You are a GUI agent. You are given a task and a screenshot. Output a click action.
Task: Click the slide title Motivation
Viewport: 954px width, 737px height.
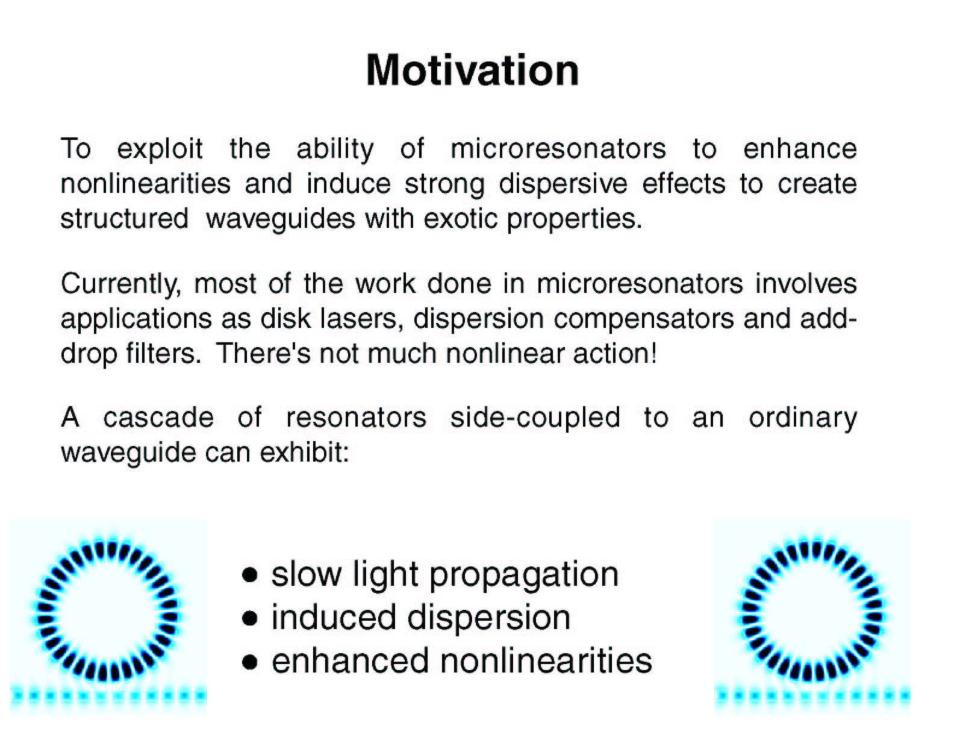click(x=472, y=71)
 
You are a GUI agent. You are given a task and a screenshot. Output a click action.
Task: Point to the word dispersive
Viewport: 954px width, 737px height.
click(x=563, y=184)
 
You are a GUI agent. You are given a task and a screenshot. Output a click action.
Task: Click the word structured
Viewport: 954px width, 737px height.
click(x=124, y=219)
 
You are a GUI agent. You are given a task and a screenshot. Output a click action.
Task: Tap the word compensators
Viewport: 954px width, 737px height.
click(x=644, y=320)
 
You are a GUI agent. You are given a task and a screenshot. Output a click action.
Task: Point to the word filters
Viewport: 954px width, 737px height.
click(x=163, y=354)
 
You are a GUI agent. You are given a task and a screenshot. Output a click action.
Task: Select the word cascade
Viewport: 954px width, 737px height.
click(x=158, y=418)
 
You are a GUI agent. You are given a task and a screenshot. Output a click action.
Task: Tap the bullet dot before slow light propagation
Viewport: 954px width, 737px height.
click(x=249, y=575)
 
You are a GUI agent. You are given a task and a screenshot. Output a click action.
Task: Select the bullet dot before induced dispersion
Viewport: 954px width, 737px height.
click(x=249, y=619)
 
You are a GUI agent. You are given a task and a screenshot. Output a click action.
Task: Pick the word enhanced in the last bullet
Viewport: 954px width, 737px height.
click(x=350, y=662)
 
